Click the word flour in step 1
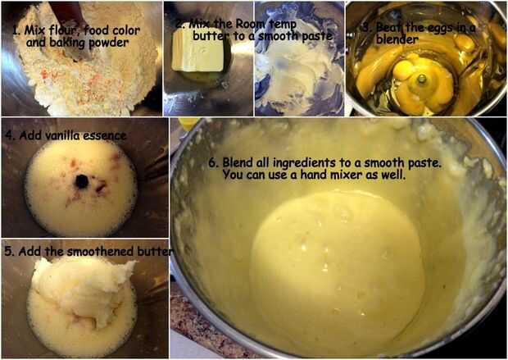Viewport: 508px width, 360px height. [x=64, y=30]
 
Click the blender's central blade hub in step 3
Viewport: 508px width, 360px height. [x=422, y=78]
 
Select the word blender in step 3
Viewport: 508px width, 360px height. [x=397, y=40]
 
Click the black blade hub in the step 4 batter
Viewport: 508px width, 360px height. [x=82, y=181]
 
